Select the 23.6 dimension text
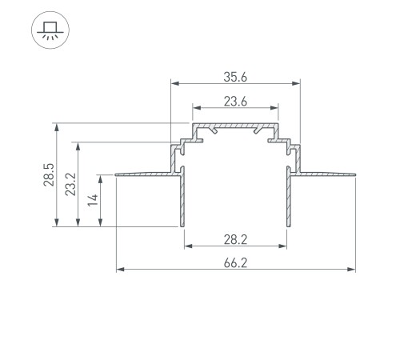pyautogui.click(x=234, y=100)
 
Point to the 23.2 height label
pyautogui.click(x=70, y=186)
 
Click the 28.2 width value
pyautogui.click(x=234, y=238)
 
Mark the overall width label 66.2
pyautogui.click(x=234, y=262)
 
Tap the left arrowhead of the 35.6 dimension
pyautogui.click(x=173, y=82)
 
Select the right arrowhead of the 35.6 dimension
pyautogui.click(x=297, y=82)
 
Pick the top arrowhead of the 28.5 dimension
pyautogui.click(x=56, y=126)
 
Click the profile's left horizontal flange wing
pyautogui.click(x=144, y=172)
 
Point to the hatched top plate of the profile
pyautogui.click(x=234, y=126)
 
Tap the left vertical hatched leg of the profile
pyautogui.click(x=182, y=200)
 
